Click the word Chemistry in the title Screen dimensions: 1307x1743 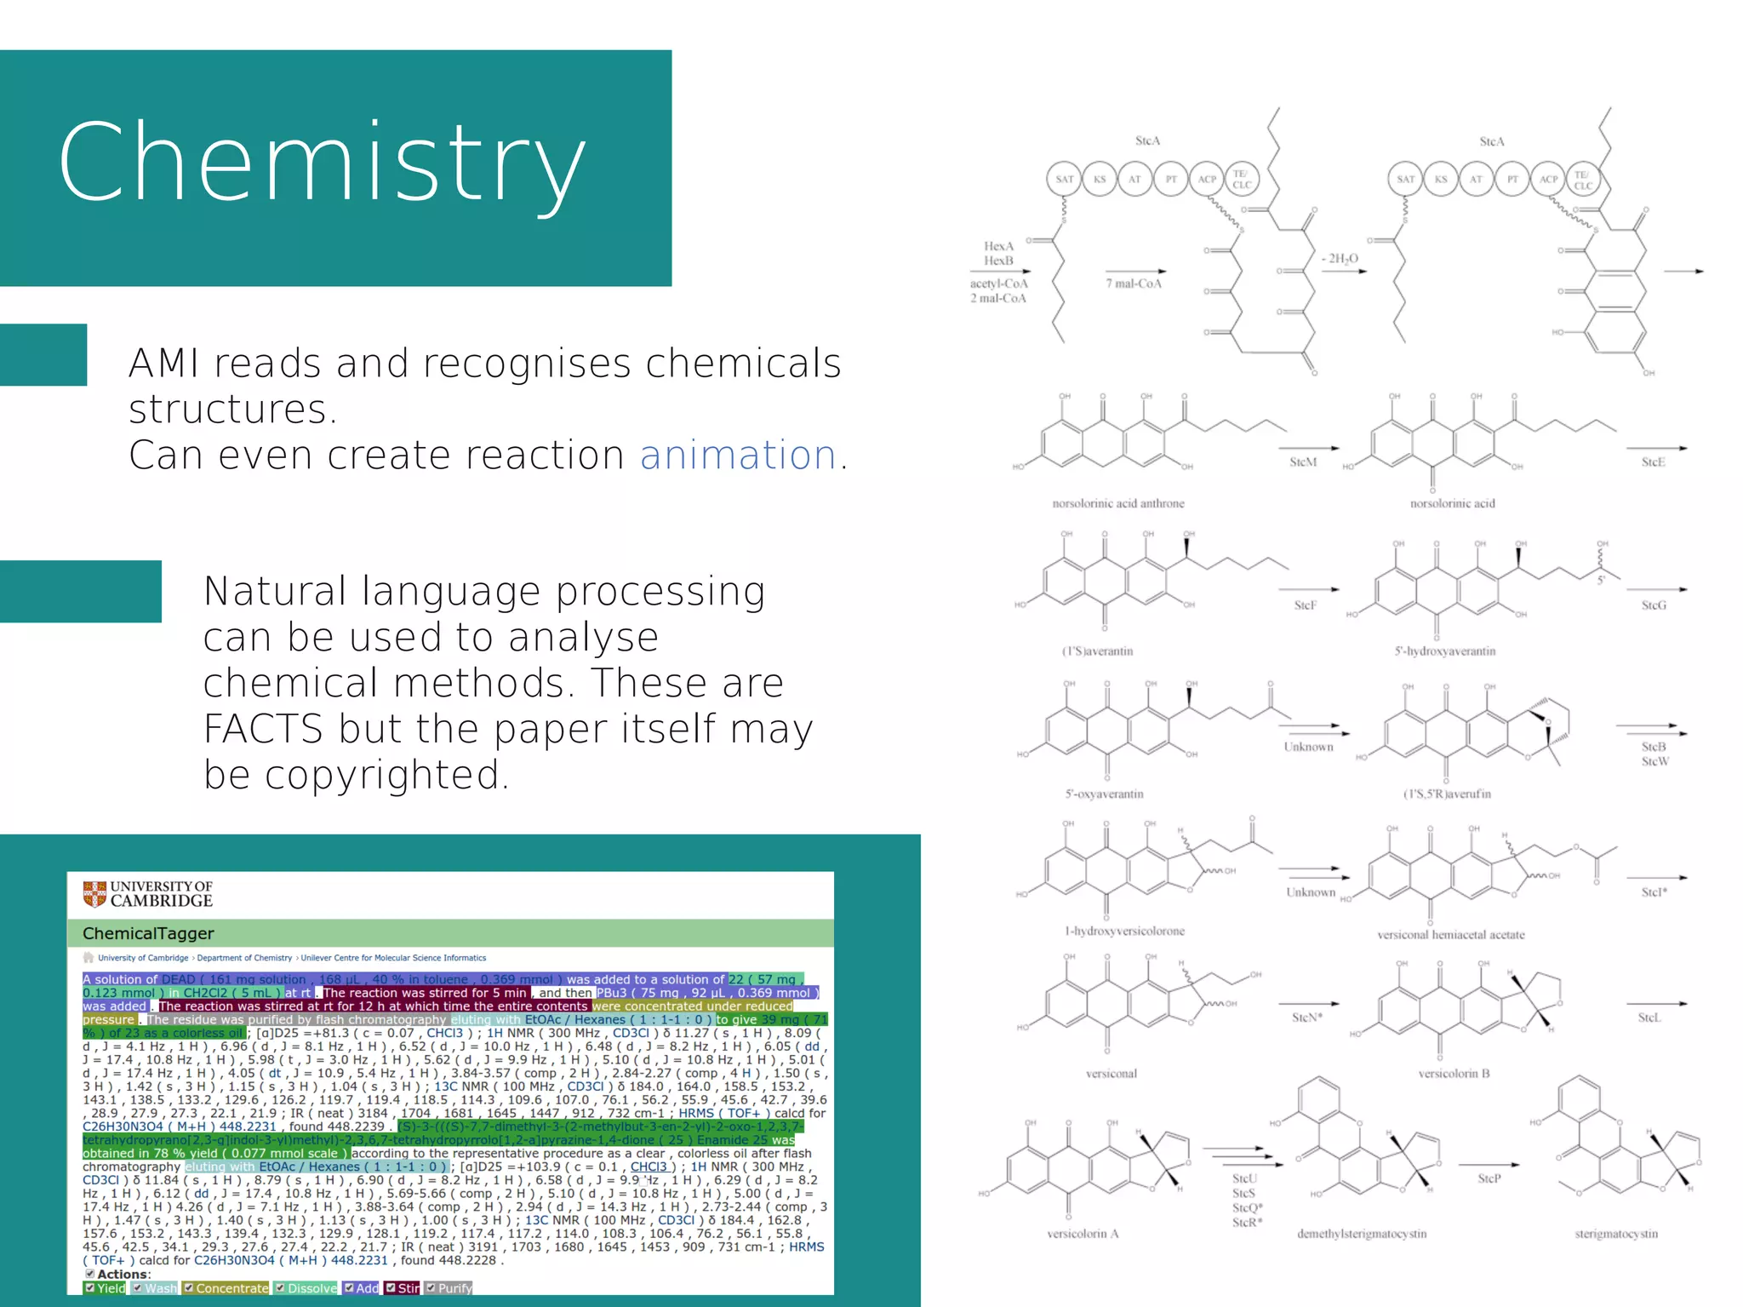click(x=322, y=162)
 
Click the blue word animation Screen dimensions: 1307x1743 click(x=738, y=455)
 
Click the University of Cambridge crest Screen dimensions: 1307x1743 click(x=94, y=893)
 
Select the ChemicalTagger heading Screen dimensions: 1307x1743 click(x=148, y=933)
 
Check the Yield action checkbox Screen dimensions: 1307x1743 click(x=90, y=1287)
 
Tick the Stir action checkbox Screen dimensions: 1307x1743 click(x=391, y=1287)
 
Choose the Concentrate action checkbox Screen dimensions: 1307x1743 click(x=189, y=1287)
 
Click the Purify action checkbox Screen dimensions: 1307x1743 click(x=431, y=1287)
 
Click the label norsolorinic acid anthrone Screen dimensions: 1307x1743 click(x=1117, y=503)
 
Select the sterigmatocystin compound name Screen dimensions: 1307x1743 click(x=1615, y=1234)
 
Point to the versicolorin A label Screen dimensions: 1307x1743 click(x=1082, y=1234)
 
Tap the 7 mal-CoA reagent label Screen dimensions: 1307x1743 click(x=1133, y=284)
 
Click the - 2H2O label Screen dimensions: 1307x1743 click(x=1340, y=258)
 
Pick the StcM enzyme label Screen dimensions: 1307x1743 click(x=1302, y=462)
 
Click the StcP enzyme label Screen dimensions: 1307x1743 click(x=1489, y=1178)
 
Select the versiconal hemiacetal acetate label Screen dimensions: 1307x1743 click(x=1450, y=935)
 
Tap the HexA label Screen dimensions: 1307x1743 click(x=998, y=246)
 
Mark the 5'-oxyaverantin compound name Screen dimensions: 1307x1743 click(x=1104, y=794)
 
